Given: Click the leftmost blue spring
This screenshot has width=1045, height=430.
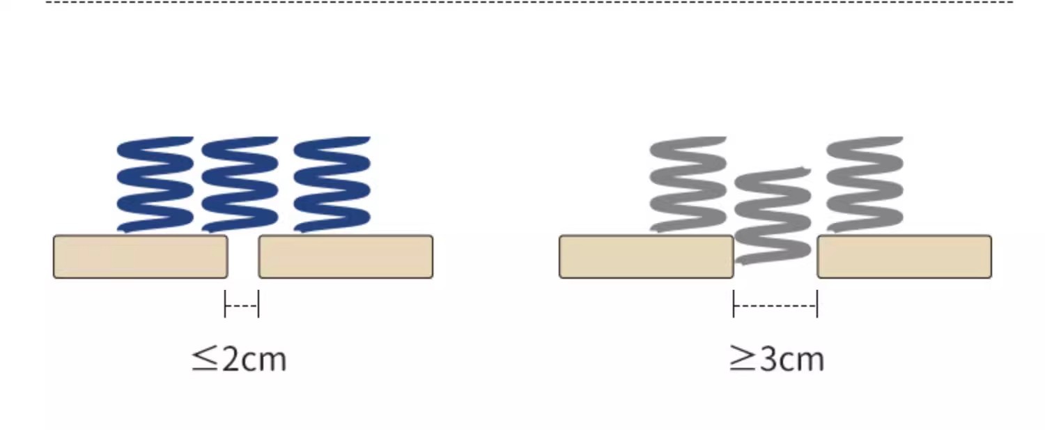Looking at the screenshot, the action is [155, 184].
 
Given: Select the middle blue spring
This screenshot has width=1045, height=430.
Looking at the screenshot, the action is [240, 184].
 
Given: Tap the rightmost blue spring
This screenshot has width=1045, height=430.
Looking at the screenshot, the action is [332, 184].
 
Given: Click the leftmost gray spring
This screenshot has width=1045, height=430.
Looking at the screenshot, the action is [688, 184].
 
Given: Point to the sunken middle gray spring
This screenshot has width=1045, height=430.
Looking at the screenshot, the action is [773, 215].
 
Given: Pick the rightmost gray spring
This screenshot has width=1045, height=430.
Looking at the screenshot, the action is [865, 184].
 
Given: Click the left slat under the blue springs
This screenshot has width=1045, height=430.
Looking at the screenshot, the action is [140, 256].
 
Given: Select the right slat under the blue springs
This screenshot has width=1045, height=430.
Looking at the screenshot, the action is [346, 256].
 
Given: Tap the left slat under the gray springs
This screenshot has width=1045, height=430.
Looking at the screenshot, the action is [646, 256].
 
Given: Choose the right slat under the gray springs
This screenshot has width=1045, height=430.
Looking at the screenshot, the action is [904, 256].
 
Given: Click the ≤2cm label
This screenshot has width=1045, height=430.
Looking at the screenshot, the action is [239, 360].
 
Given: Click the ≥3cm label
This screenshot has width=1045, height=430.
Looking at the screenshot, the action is [777, 360].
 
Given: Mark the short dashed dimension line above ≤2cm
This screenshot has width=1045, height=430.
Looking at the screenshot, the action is [242, 305].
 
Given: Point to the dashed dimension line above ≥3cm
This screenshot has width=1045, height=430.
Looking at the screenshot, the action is [775, 305].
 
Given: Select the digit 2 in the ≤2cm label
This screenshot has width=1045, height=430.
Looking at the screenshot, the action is [231, 360].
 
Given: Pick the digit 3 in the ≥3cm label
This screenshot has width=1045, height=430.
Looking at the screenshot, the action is [768, 360].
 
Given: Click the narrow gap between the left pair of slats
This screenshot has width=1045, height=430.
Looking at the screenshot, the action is [243, 256].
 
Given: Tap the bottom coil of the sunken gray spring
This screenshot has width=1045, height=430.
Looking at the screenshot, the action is [773, 254].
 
